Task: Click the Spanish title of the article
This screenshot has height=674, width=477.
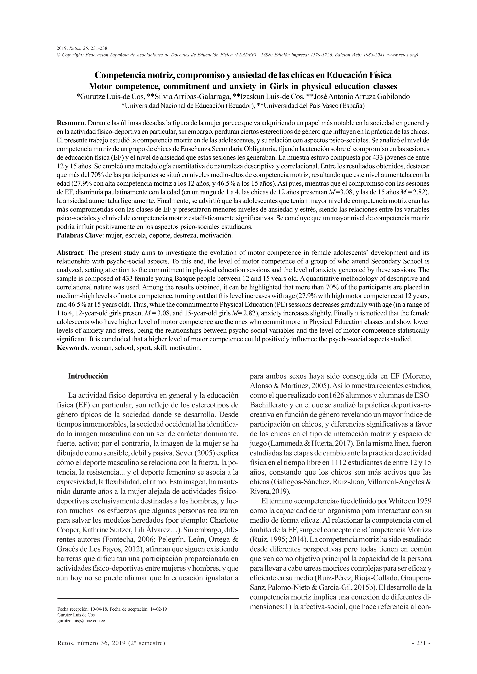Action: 243,76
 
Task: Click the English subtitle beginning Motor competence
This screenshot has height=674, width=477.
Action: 243,87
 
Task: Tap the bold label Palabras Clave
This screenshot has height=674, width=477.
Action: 79,235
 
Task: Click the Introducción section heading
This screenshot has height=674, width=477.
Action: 88,376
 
